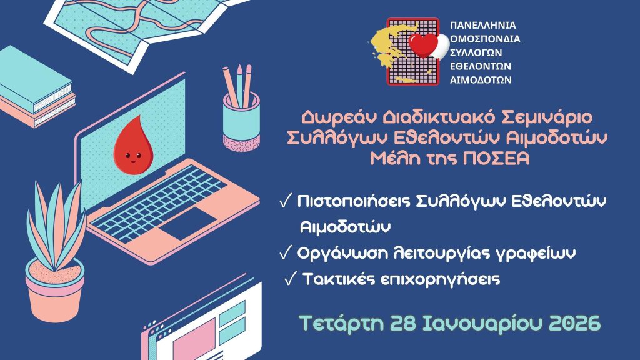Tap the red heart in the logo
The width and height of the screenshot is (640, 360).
(x=424, y=45)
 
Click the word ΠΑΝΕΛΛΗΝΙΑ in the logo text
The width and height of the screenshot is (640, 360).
(x=484, y=26)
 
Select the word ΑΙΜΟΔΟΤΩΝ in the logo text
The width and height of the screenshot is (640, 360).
(x=481, y=80)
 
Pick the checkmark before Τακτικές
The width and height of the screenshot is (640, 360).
(x=290, y=279)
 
